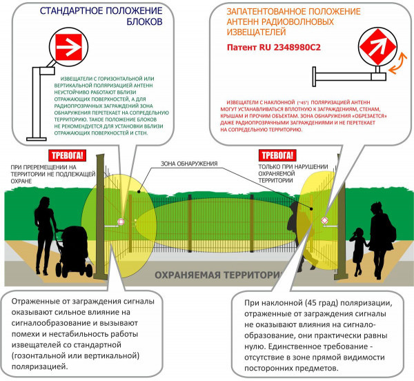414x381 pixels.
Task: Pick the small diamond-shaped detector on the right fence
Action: [x=324, y=220]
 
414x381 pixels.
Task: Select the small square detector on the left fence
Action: [x=121, y=222]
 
